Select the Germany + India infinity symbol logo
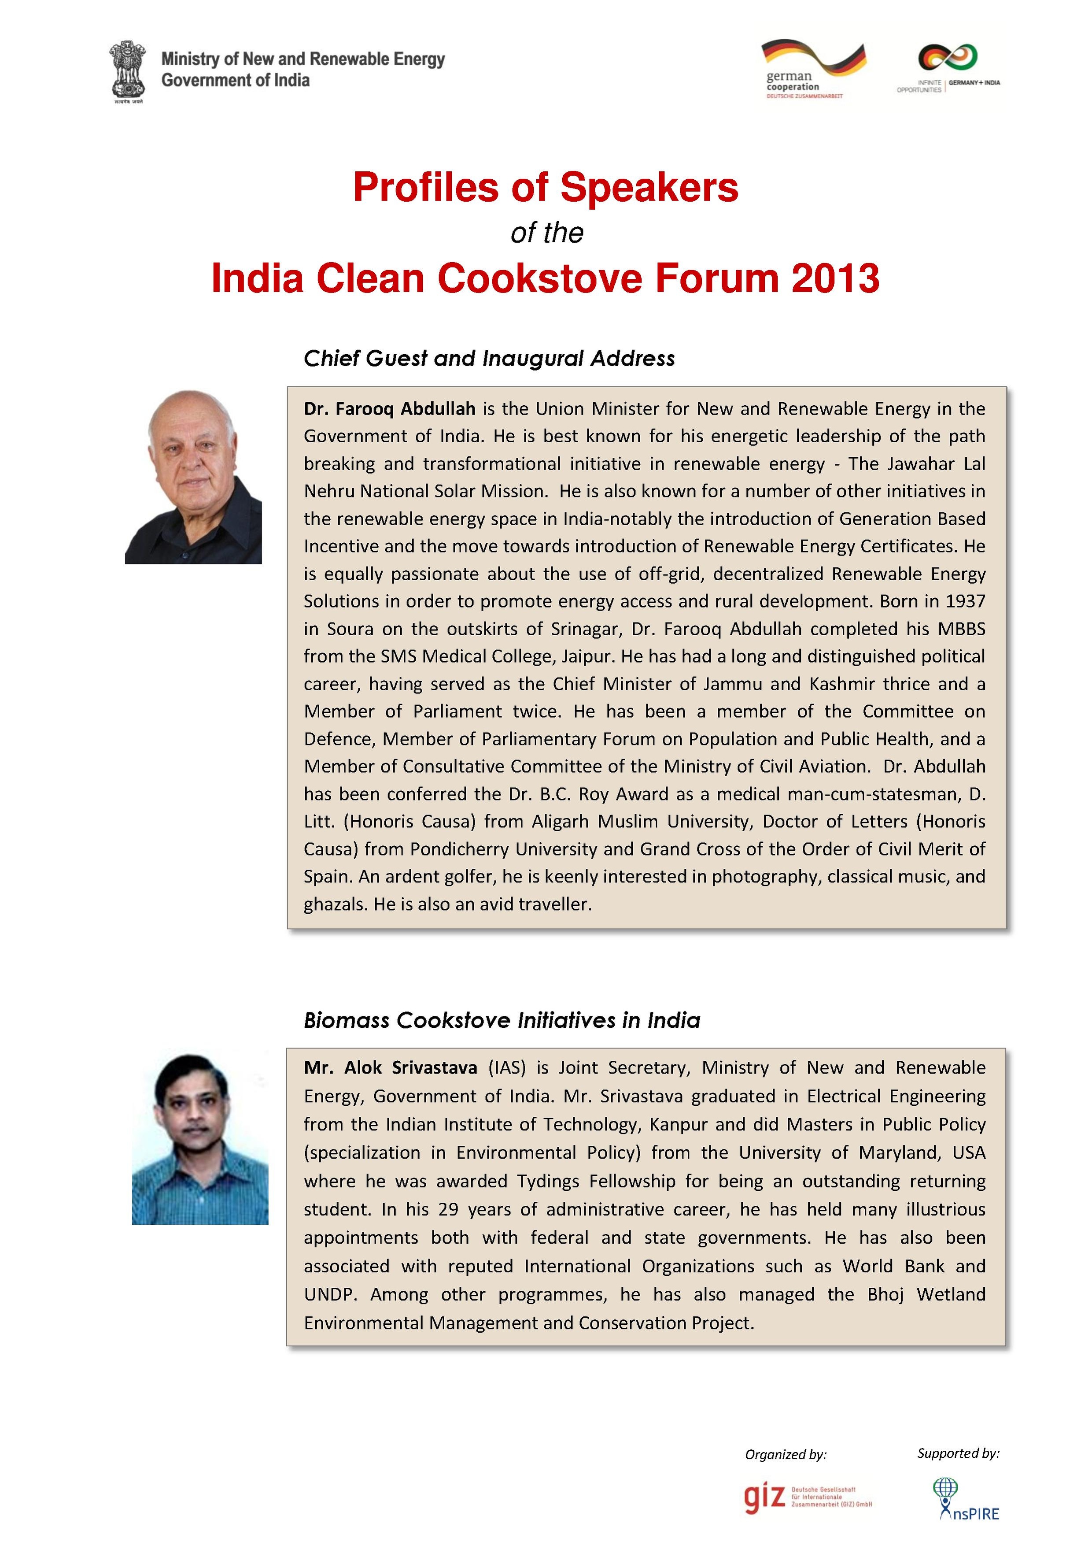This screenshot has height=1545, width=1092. click(x=948, y=58)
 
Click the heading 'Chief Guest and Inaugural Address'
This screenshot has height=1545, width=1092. click(x=489, y=359)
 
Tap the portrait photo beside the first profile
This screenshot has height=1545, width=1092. click(x=193, y=477)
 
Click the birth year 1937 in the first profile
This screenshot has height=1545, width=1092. click(x=966, y=601)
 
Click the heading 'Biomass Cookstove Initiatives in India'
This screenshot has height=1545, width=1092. click(x=502, y=1020)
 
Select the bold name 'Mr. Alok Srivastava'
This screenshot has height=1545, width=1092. click(x=390, y=1068)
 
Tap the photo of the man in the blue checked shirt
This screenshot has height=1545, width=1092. click(x=200, y=1138)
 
